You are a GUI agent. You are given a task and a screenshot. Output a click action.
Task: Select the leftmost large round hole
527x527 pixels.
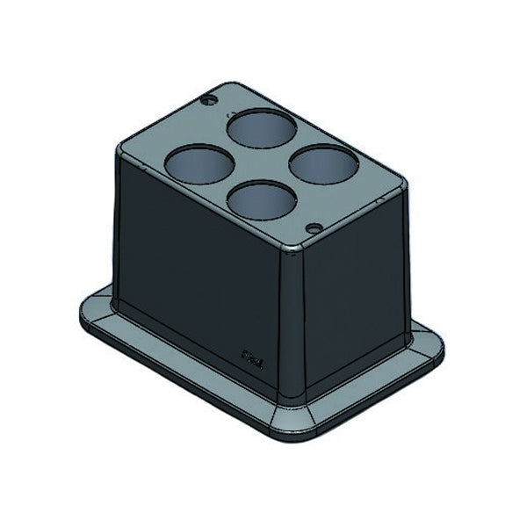tap(198, 162)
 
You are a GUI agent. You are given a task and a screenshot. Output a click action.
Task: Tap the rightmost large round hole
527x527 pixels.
tap(322, 162)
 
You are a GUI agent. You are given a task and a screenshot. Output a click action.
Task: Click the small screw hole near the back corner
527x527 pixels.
tap(210, 100)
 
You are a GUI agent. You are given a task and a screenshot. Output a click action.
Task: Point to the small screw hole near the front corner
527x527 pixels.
tap(312, 227)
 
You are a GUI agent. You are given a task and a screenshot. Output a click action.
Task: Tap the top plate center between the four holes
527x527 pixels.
tap(261, 164)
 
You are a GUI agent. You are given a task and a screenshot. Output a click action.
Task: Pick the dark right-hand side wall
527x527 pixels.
tap(351, 290)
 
